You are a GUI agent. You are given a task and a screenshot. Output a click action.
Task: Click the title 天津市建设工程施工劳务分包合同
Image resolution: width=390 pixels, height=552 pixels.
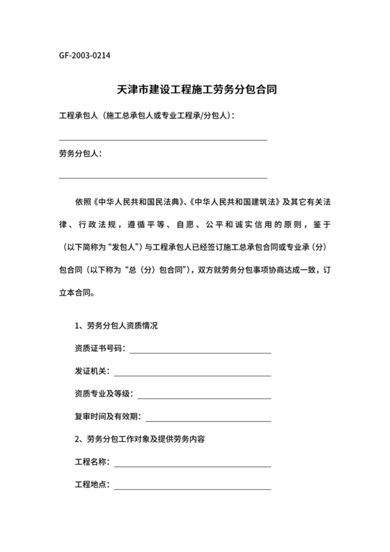195,91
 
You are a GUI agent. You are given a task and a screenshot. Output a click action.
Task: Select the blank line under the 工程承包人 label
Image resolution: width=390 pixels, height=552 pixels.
163,140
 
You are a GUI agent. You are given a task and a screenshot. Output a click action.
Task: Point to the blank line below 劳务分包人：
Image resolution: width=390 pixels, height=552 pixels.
163,178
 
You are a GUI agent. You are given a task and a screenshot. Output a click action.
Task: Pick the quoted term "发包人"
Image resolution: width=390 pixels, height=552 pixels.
123,246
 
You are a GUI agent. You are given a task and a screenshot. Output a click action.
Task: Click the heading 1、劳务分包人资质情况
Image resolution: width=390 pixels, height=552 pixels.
116,325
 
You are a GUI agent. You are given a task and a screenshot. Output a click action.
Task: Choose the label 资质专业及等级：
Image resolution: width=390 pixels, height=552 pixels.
104,394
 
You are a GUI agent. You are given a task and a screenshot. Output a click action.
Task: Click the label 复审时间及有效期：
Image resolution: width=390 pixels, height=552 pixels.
108,417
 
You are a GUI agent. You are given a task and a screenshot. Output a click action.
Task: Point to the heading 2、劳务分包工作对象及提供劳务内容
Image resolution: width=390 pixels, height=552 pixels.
139,440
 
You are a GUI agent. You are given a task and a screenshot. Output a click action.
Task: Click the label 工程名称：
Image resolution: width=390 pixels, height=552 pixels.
91,462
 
